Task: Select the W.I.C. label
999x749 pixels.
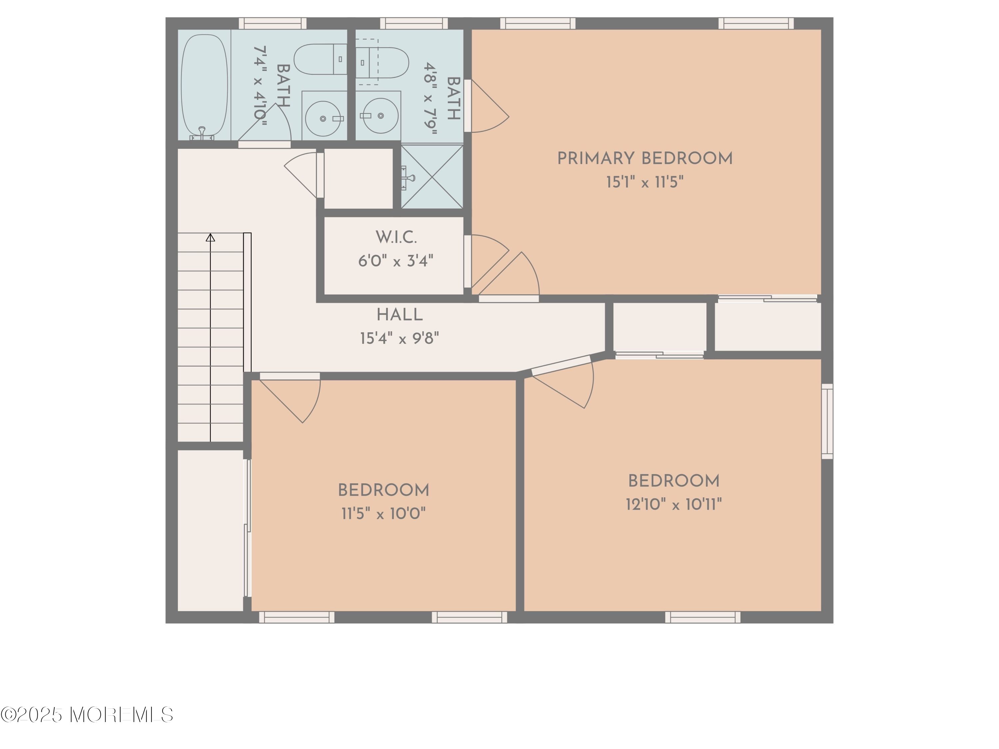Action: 396,237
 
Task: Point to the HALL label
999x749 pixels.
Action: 400,315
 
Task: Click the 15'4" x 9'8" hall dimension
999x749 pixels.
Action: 399,338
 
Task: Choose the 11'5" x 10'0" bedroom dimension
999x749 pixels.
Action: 383,514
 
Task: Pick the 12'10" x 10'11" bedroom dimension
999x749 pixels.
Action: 674,504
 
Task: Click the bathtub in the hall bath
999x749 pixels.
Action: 204,86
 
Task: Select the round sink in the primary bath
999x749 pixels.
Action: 381,116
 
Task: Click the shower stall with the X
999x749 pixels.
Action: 432,176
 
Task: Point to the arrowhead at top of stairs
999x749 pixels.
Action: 210,237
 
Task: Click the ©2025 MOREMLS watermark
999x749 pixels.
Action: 87,715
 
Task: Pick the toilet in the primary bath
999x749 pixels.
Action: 382,62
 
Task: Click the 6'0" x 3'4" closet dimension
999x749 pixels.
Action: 396,261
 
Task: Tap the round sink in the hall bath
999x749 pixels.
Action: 323,118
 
